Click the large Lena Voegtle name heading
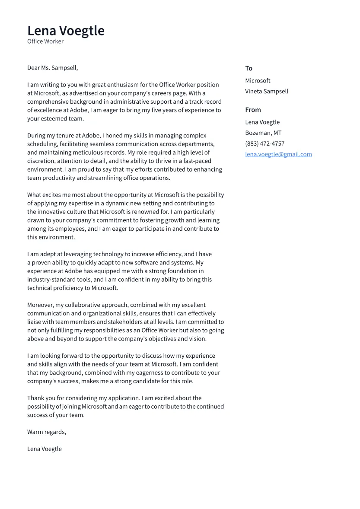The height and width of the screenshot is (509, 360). point(66,31)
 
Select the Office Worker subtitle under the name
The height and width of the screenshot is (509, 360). point(45,41)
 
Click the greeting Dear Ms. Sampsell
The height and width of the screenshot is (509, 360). point(52,68)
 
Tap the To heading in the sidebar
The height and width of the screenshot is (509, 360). point(248,68)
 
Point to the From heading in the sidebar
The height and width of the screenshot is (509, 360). point(253,110)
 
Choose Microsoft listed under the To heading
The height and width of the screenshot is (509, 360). point(258,81)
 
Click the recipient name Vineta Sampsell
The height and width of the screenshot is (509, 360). point(266,91)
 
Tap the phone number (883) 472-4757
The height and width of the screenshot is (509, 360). point(264,143)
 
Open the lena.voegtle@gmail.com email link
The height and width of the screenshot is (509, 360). point(278,154)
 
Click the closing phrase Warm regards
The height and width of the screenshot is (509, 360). point(46,432)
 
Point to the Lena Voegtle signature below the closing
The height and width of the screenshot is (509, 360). point(44,449)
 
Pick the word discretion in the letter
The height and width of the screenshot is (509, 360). point(41,161)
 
